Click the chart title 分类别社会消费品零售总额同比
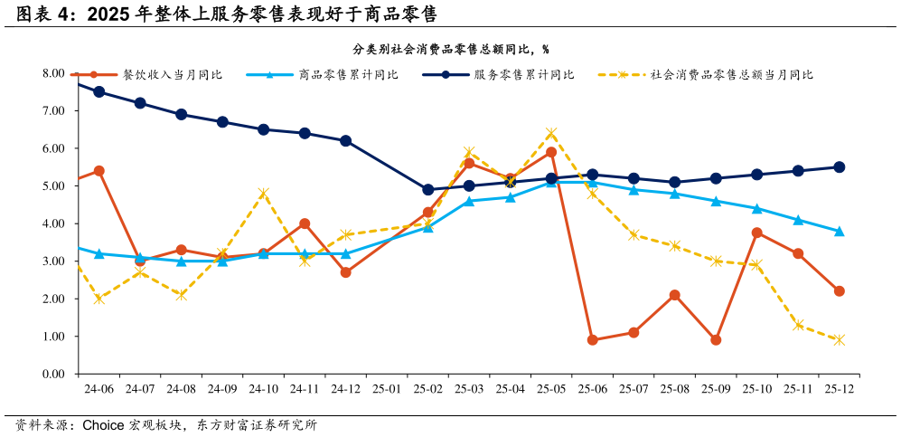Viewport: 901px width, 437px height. tap(450, 49)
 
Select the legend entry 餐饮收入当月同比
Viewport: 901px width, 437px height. tap(172, 75)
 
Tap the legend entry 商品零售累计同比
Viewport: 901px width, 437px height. tap(348, 75)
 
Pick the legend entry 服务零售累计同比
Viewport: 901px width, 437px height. tap(524, 75)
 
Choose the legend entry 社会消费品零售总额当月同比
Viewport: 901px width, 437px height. tap(731, 75)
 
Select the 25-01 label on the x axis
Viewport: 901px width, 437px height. tap(387, 388)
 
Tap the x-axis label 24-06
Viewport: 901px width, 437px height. tap(99, 388)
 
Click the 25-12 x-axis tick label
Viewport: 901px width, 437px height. tap(839, 388)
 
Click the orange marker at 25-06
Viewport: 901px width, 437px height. tap(592, 340)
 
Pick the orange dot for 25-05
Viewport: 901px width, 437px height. tap(551, 152)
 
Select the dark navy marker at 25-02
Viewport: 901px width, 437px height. tap(428, 190)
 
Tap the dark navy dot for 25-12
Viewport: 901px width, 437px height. tap(839, 167)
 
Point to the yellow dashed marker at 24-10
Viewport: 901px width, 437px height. tap(263, 194)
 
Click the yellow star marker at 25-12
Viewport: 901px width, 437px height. tap(839, 340)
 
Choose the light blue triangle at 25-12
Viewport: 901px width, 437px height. tap(839, 231)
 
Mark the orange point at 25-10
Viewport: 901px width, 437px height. tap(756, 233)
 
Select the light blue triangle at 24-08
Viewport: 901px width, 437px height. tap(181, 261)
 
